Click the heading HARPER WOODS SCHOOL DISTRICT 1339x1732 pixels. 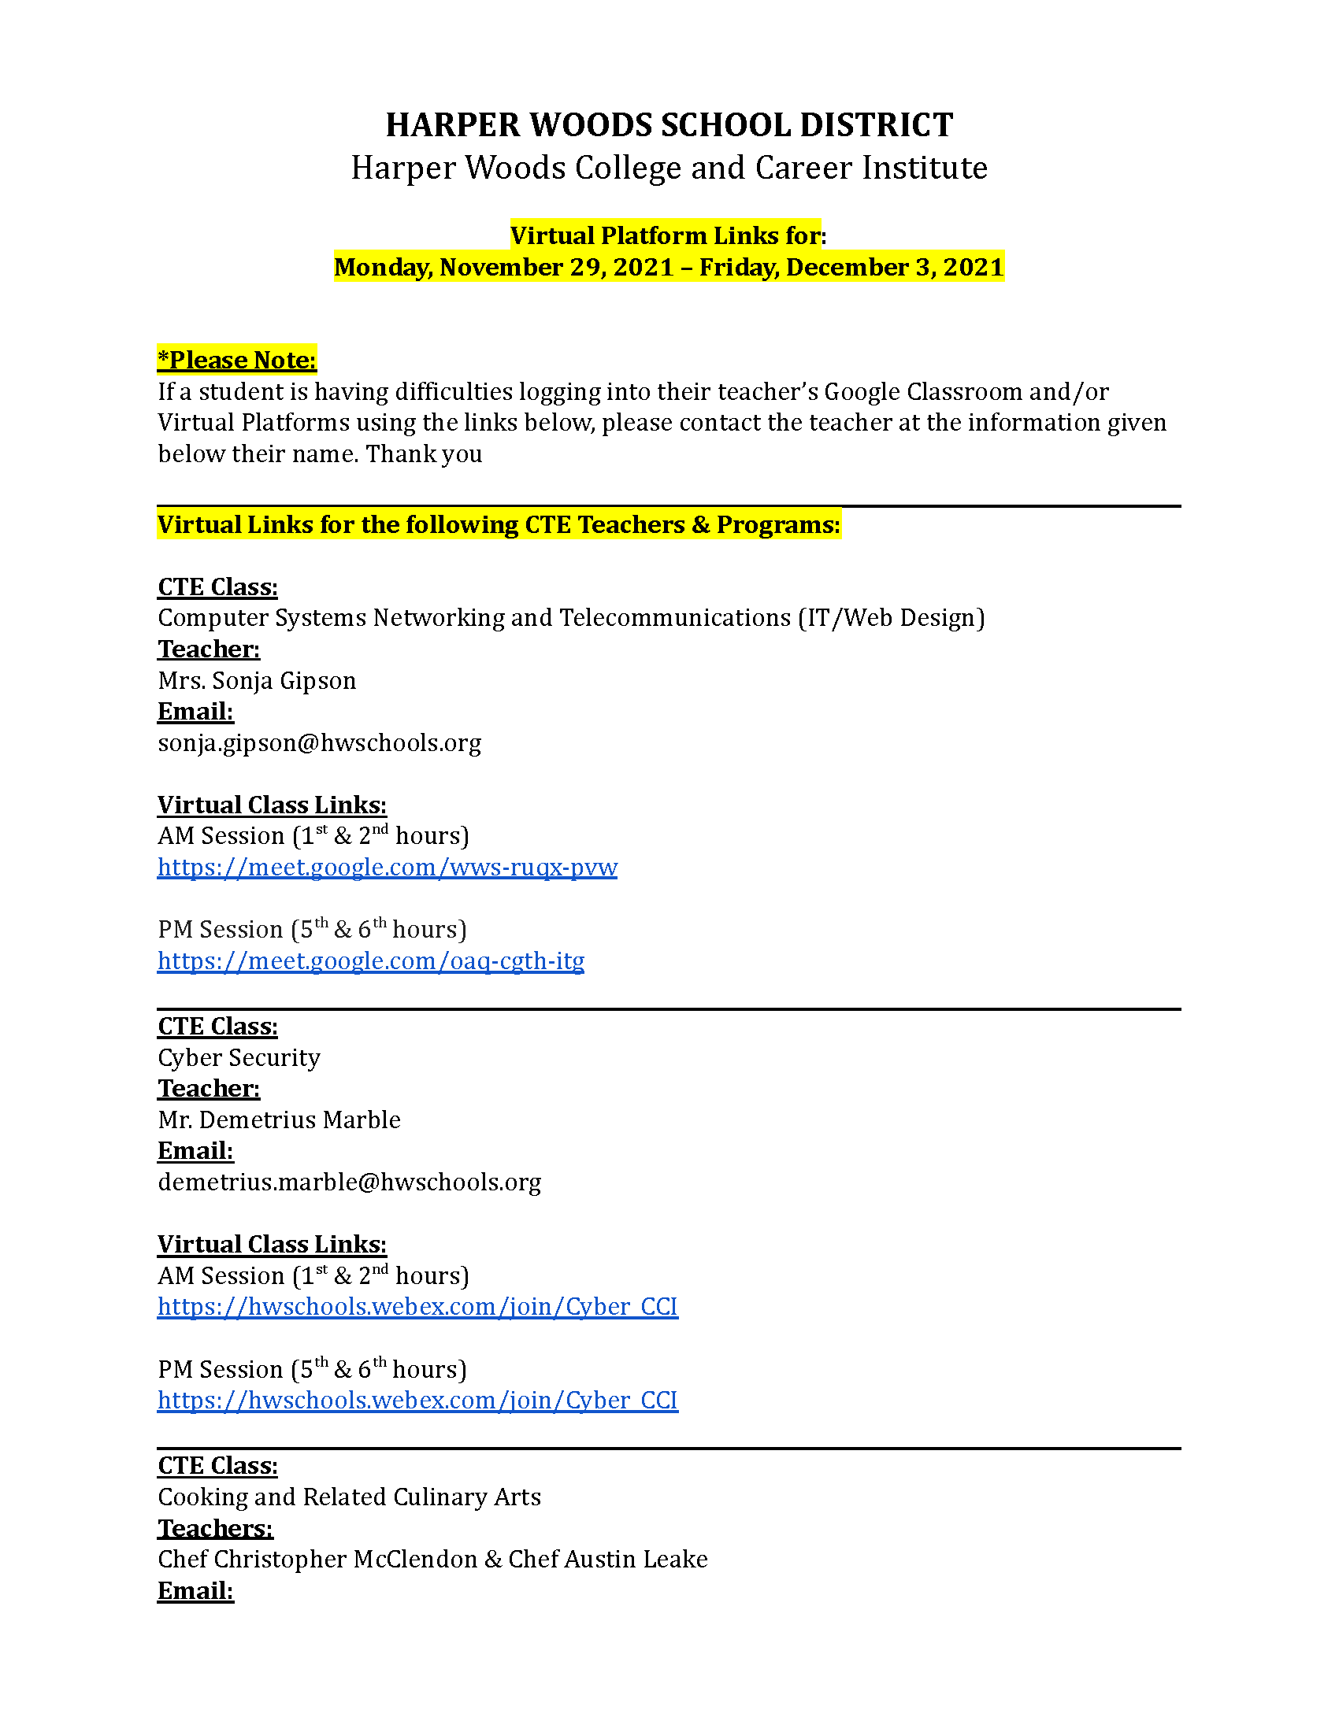669,125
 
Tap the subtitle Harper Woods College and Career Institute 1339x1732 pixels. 669,168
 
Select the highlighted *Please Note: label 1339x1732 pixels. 236,360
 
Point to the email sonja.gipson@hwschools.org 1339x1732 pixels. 319,743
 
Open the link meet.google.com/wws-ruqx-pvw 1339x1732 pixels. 387,868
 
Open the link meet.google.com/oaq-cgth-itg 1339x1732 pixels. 370,961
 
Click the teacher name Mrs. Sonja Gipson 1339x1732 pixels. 257,680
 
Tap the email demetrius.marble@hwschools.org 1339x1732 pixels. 349,1182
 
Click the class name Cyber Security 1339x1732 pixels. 239,1058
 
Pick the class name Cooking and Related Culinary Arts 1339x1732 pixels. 349,1497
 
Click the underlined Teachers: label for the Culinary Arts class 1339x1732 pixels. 215,1528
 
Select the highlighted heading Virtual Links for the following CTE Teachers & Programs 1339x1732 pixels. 498,525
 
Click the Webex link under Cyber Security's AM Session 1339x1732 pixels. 417,1307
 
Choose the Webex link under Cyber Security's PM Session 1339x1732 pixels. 417,1401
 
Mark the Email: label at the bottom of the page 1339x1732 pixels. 195,1591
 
